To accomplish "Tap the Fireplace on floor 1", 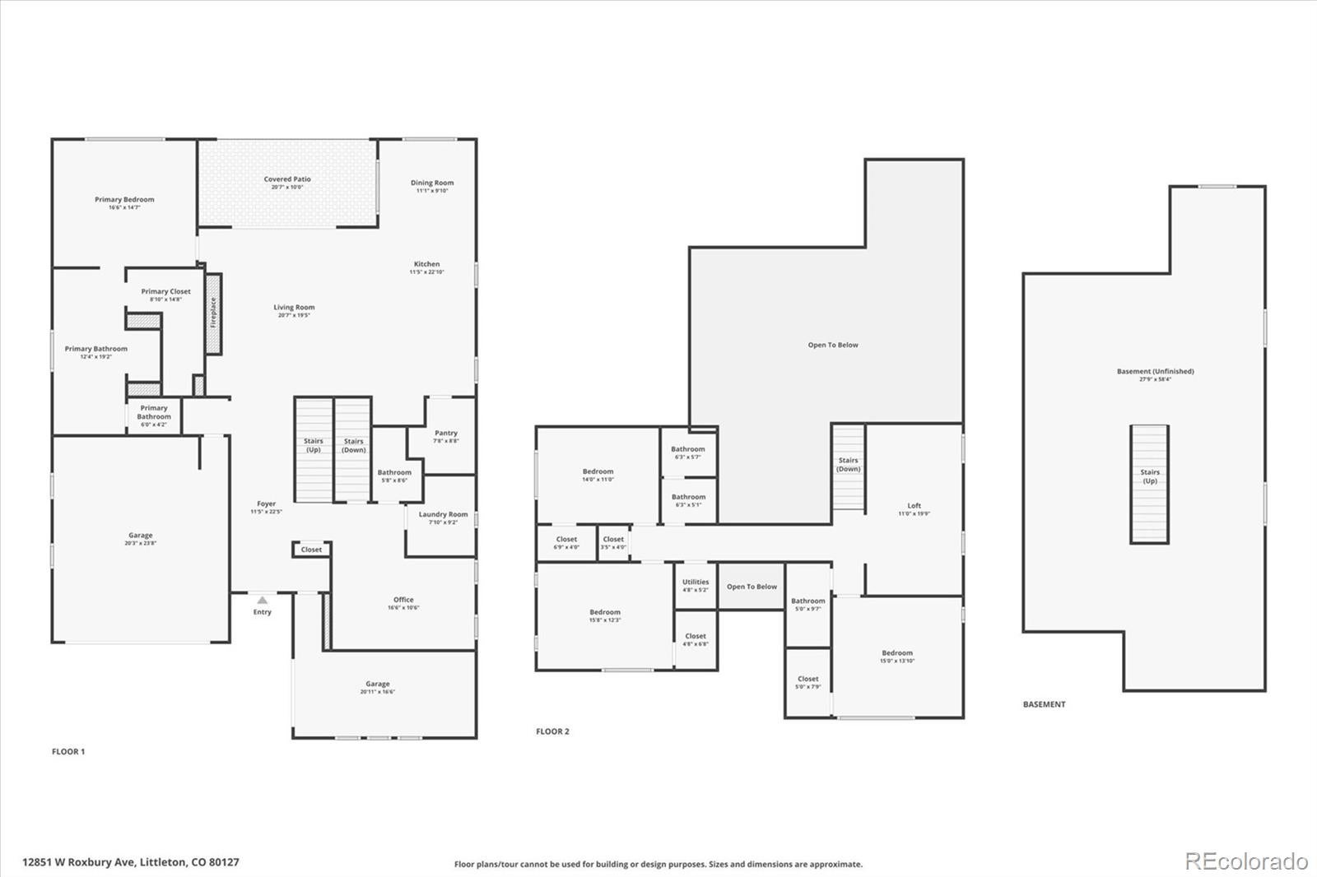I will (x=213, y=313).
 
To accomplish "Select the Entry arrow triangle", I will (x=262, y=601).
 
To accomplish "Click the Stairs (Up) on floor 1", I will (x=314, y=449).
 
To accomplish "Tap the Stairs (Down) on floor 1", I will (x=353, y=449).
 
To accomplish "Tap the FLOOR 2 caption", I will (x=552, y=731).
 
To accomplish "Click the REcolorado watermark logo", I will (x=1245, y=861).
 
